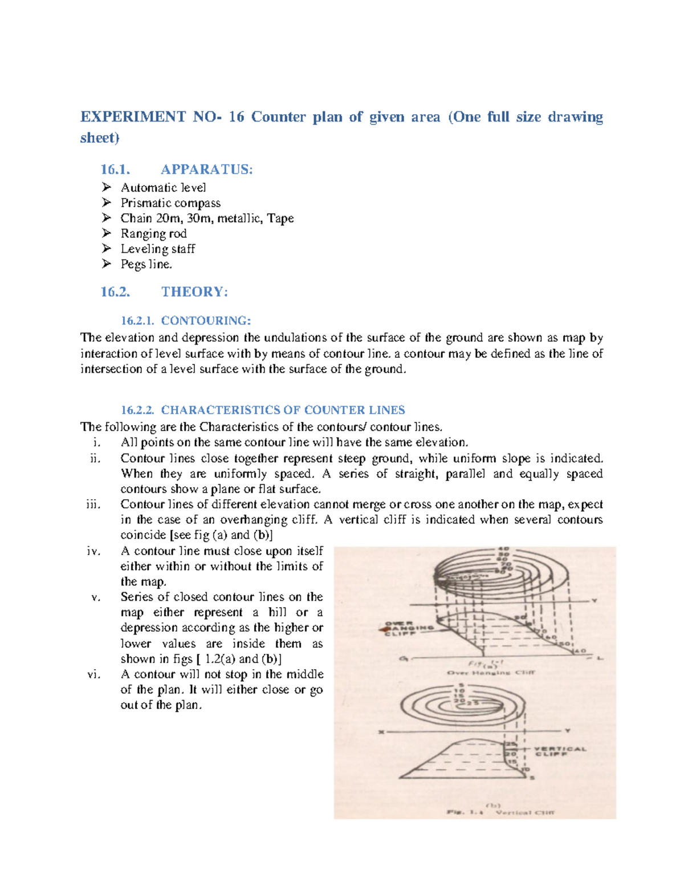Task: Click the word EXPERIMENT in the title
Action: click(133, 117)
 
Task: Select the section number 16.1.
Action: click(115, 169)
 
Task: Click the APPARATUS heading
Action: click(206, 169)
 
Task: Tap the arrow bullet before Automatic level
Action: click(106, 187)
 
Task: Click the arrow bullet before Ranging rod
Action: click(106, 233)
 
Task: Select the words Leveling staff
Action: click(158, 249)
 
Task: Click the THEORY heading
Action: click(194, 292)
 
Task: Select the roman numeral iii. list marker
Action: click(93, 504)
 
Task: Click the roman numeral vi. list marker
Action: click(93, 674)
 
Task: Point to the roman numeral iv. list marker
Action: click(93, 551)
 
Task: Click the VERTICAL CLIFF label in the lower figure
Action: click(559, 751)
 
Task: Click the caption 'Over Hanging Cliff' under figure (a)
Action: click(491, 673)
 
